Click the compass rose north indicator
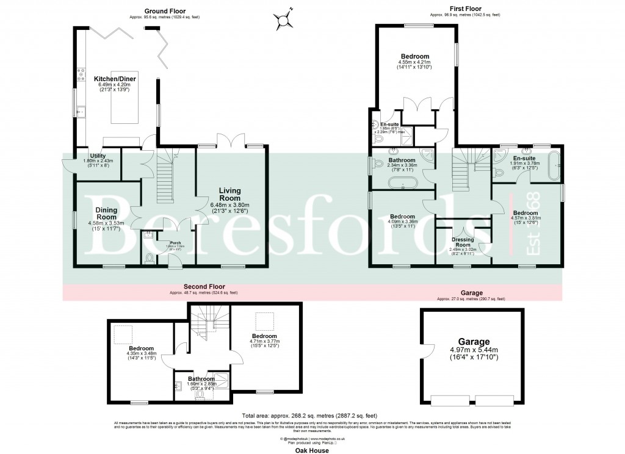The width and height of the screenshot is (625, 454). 284,18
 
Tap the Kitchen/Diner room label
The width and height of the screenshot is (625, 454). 116,79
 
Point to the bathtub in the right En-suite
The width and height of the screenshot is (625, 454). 554,165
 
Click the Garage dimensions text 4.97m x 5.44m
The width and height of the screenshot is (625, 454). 479,350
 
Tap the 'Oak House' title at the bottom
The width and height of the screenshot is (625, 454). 312,450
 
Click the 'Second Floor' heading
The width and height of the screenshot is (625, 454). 204,286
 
